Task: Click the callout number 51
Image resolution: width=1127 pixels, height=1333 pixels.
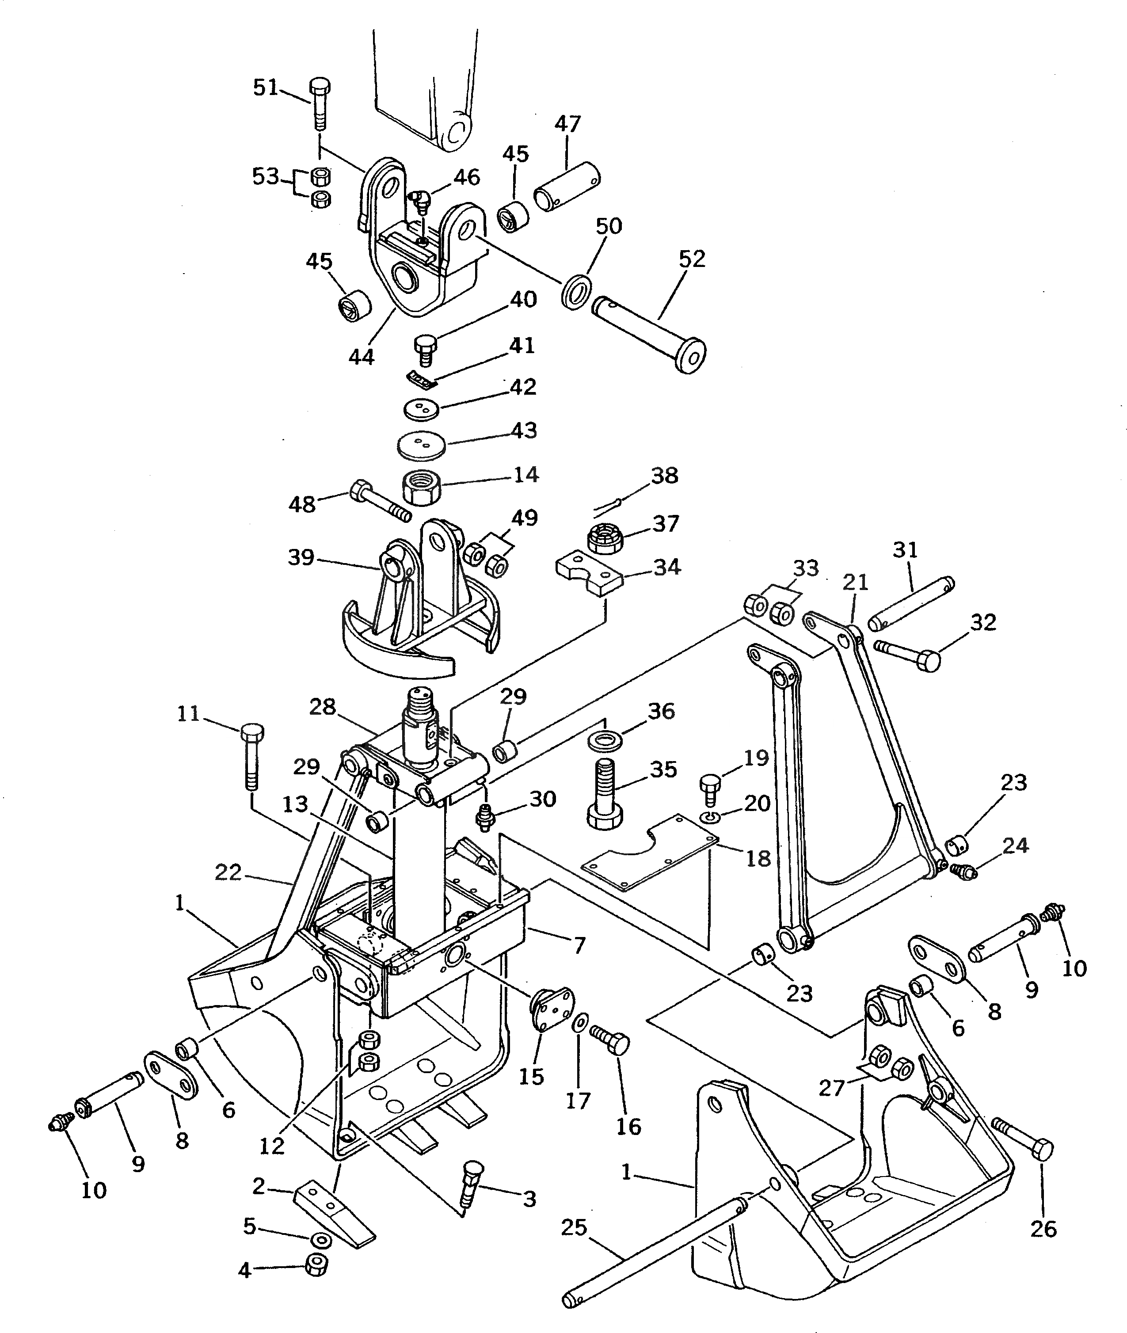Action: (266, 87)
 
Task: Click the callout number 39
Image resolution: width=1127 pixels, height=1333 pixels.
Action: (301, 557)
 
